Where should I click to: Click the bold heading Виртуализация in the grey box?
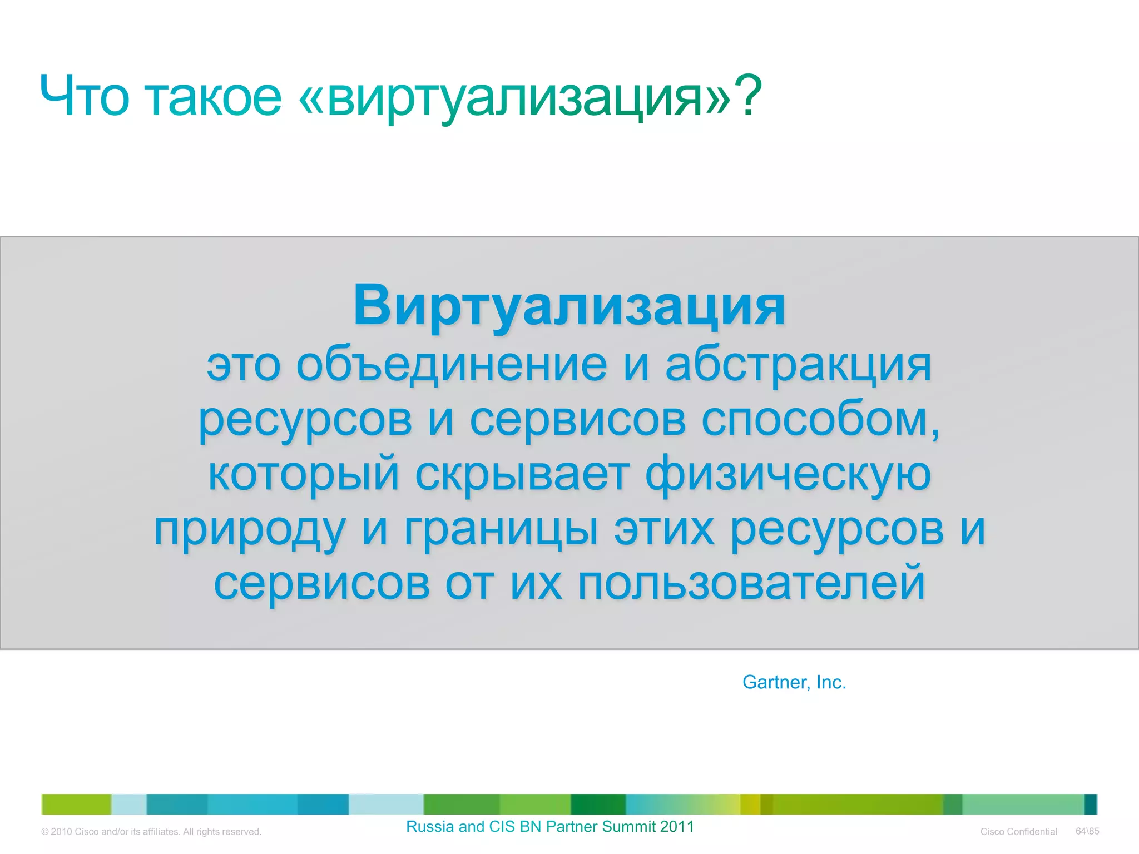click(x=569, y=305)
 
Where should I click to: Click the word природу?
click(x=250, y=529)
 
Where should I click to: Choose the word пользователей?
click(x=751, y=584)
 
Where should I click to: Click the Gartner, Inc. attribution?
click(x=794, y=682)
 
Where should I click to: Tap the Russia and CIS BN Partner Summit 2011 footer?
click(x=549, y=827)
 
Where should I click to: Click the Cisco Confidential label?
click(x=1018, y=832)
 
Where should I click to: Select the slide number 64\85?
click(x=1087, y=831)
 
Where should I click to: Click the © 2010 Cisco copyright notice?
click(x=151, y=832)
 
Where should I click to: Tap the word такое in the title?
click(x=214, y=97)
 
